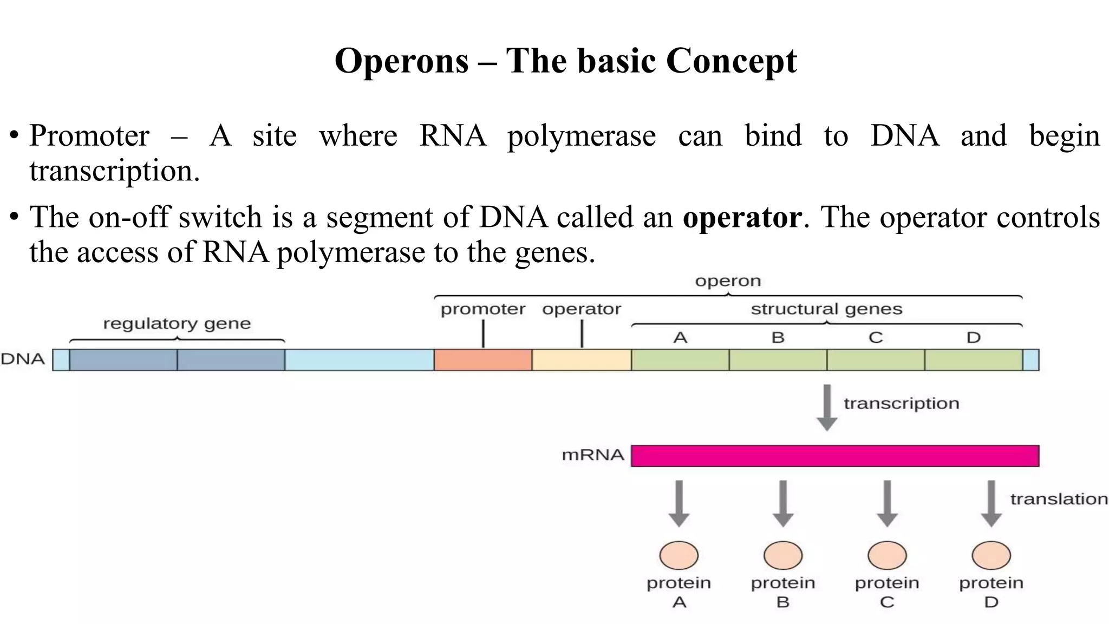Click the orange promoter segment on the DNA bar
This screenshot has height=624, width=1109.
tap(482, 360)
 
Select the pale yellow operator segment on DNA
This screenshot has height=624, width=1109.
tap(582, 360)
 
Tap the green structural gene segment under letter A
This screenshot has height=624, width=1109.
tap(680, 360)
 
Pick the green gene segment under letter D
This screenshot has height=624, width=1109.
tap(974, 360)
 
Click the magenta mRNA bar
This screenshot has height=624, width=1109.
tap(835, 456)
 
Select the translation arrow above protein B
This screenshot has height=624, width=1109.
tap(783, 503)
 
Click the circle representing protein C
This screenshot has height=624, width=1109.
tap(887, 555)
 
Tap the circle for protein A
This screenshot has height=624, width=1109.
tap(679, 555)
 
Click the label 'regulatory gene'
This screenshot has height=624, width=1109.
tap(177, 324)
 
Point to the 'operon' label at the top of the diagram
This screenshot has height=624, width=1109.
tap(728, 281)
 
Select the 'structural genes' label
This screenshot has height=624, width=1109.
tap(826, 309)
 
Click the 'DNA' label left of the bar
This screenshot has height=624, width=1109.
tap(23, 359)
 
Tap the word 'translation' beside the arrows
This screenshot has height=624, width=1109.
tap(1059, 499)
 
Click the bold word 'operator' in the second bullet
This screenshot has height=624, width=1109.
tap(742, 218)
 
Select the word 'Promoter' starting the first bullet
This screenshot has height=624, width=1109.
tap(89, 135)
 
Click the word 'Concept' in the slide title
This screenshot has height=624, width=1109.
tap(731, 61)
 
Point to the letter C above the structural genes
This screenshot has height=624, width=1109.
tap(876, 338)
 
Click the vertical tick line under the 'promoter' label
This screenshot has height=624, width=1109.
tap(483, 334)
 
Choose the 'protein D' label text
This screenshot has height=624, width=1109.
tap(991, 592)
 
